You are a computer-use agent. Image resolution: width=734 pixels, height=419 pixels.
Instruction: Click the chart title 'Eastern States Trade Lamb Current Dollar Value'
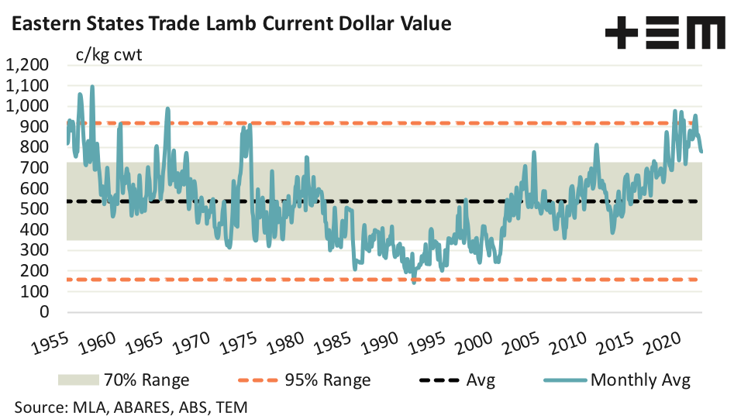[231, 24]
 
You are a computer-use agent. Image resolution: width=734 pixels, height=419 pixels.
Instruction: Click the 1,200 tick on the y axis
[28, 65]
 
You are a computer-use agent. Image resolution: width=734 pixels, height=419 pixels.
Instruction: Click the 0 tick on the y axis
[43, 312]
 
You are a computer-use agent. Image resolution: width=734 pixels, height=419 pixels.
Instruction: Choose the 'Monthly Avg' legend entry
[639, 380]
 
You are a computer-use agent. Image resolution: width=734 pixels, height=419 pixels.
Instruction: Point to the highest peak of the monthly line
[92, 86]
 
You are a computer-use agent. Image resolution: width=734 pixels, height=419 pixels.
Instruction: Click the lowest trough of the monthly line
[413, 283]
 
